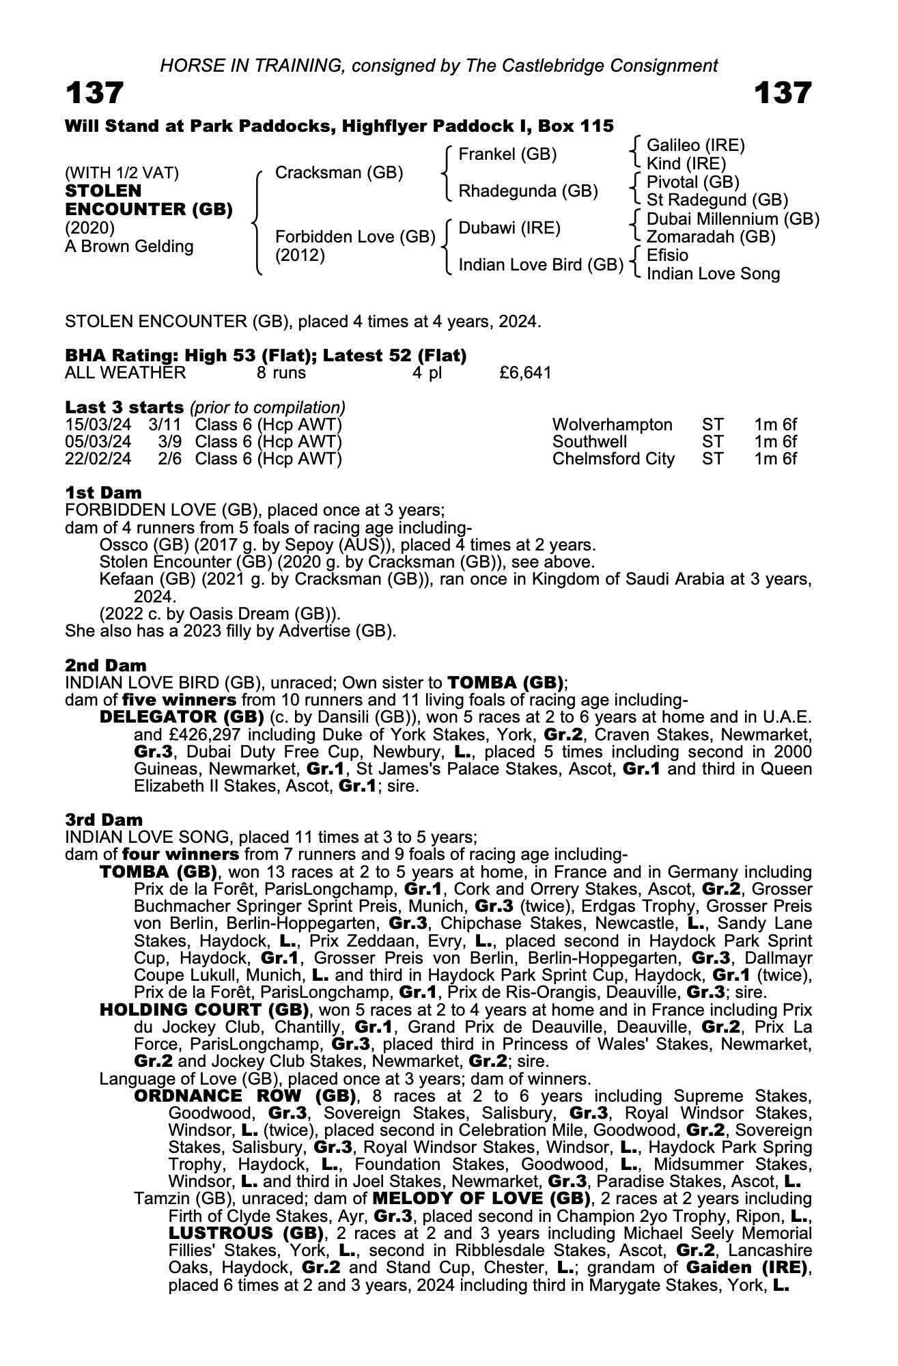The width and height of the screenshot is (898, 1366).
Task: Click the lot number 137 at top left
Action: coord(95,94)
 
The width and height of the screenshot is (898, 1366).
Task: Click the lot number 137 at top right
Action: coord(783,94)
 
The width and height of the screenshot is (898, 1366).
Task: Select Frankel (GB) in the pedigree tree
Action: coord(507,154)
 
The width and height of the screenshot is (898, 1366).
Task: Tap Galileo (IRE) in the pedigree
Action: coord(695,145)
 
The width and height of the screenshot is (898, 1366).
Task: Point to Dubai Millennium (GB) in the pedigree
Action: coord(733,219)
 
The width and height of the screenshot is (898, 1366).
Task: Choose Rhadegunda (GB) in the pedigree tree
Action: coord(528,191)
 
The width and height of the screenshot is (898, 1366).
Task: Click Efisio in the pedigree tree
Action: coord(667,255)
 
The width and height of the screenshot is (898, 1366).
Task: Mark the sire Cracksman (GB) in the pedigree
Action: coord(339,173)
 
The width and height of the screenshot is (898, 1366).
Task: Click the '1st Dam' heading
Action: coord(104,492)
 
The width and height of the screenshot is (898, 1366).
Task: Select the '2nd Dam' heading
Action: coord(106,665)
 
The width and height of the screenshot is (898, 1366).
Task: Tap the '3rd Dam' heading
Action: coord(104,820)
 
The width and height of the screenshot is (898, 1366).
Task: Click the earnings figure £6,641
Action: coord(525,373)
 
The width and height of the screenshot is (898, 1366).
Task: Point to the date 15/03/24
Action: coord(98,425)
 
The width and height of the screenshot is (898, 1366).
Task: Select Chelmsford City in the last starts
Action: coord(613,459)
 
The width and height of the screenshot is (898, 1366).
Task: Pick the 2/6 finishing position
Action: coord(169,459)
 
